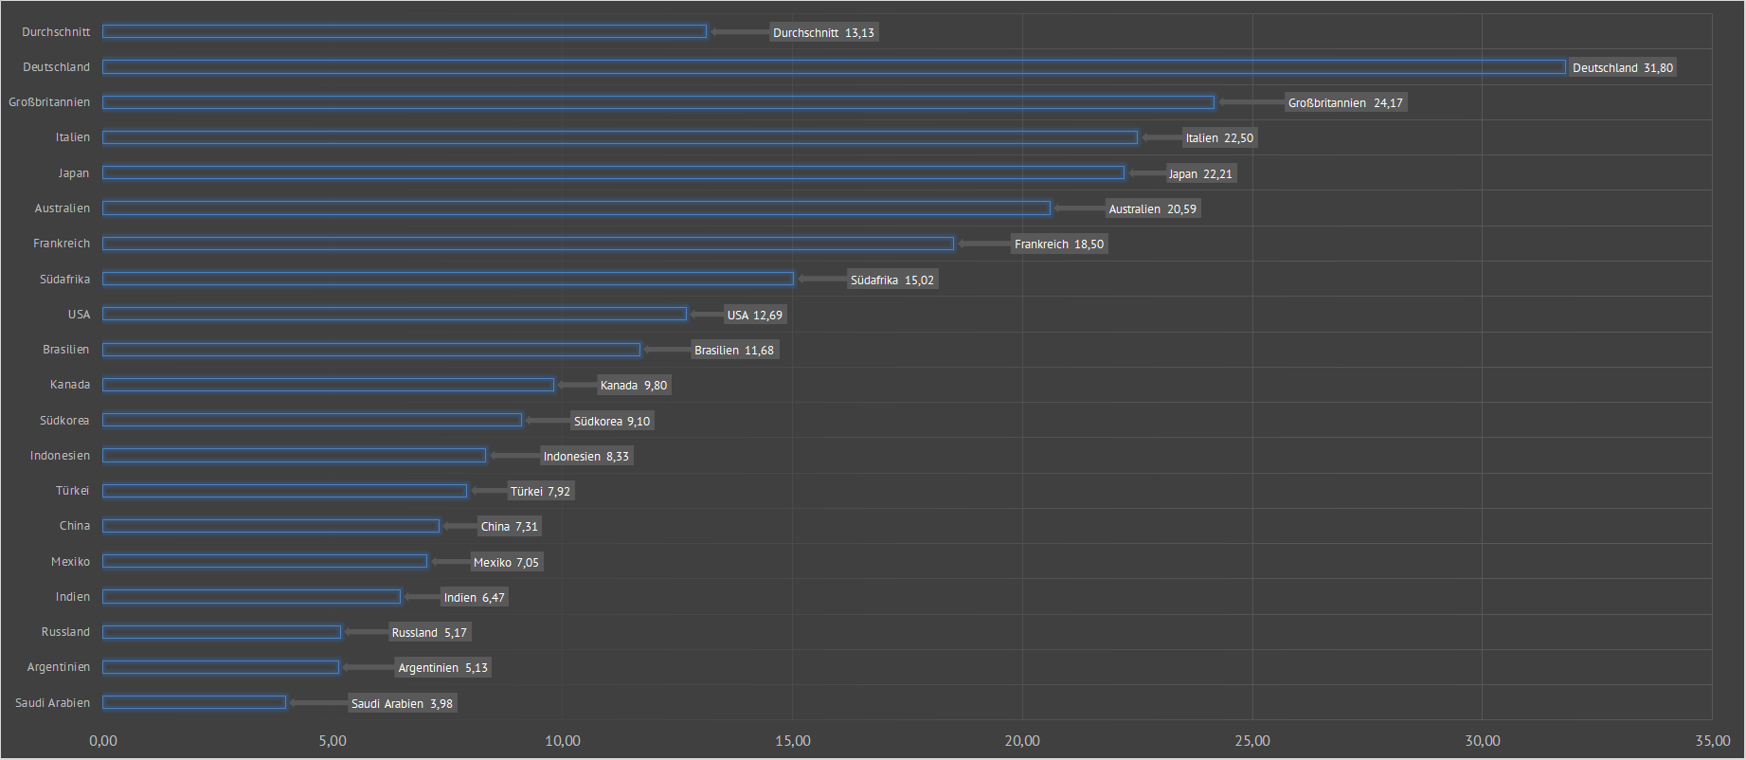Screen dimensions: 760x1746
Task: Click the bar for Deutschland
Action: point(834,67)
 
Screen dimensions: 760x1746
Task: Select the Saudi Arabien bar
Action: point(194,702)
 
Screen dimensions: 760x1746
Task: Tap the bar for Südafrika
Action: point(448,279)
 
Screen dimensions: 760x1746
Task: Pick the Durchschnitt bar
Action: point(405,32)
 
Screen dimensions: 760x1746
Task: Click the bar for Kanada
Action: point(328,385)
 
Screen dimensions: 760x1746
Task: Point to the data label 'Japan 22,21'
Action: point(1200,173)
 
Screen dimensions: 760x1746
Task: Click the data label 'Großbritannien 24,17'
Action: point(1345,102)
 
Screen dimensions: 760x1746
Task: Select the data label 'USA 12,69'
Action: point(755,315)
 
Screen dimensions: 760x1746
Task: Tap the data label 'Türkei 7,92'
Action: point(540,491)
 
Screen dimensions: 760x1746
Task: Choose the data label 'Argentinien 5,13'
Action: point(442,667)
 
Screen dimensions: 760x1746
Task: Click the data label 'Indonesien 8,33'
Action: point(585,456)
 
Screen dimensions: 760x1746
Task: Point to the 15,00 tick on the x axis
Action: point(793,741)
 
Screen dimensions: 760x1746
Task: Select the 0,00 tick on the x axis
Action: point(103,741)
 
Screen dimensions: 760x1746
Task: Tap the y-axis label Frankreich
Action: point(62,244)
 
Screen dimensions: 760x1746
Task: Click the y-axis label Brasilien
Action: point(65,350)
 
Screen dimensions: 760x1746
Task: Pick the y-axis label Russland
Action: point(65,632)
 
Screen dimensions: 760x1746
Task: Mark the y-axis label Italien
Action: point(72,137)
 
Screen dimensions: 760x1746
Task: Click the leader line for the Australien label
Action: point(1079,208)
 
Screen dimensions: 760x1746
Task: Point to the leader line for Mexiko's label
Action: point(450,562)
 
